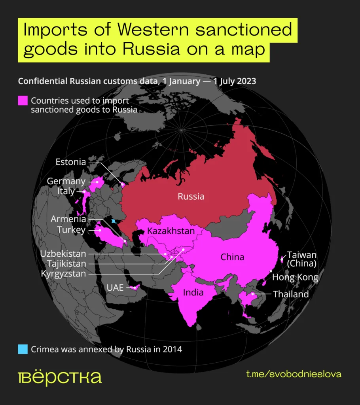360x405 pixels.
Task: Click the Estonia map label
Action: click(x=71, y=162)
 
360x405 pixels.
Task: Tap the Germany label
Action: click(x=66, y=182)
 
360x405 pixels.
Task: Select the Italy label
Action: click(x=66, y=191)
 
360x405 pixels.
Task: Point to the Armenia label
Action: click(x=68, y=219)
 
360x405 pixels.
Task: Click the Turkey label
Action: click(x=71, y=229)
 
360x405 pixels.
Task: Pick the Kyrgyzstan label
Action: click(x=63, y=273)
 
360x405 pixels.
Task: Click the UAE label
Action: click(x=115, y=288)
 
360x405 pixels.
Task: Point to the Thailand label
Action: click(x=290, y=294)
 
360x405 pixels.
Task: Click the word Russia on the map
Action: click(x=191, y=196)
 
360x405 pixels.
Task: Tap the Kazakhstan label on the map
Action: click(x=171, y=231)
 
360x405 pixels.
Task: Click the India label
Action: click(x=193, y=292)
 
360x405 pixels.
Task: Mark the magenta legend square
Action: click(x=23, y=100)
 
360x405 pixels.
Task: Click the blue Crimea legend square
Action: click(x=23, y=349)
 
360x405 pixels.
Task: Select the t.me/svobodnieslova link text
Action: click(x=294, y=374)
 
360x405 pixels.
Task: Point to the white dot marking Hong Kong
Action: click(x=271, y=271)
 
